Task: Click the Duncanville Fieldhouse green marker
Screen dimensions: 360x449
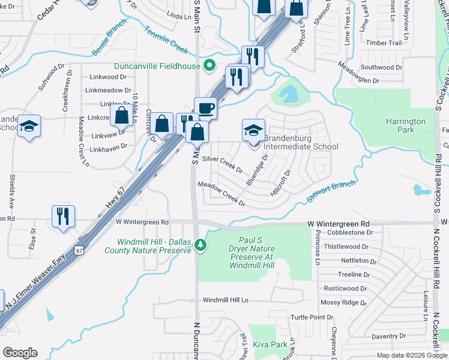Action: tap(209, 65)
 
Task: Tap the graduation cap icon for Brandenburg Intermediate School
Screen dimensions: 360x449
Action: tap(253, 130)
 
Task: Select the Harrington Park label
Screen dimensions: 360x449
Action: tap(405, 125)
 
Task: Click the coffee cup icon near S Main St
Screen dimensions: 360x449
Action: tap(205, 108)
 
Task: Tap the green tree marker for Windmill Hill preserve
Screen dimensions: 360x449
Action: tap(202, 245)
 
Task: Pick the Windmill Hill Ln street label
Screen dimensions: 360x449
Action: tap(225, 299)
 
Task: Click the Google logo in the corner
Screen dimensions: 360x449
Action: tap(19, 353)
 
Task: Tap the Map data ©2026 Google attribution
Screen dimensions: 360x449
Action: tap(412, 355)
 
